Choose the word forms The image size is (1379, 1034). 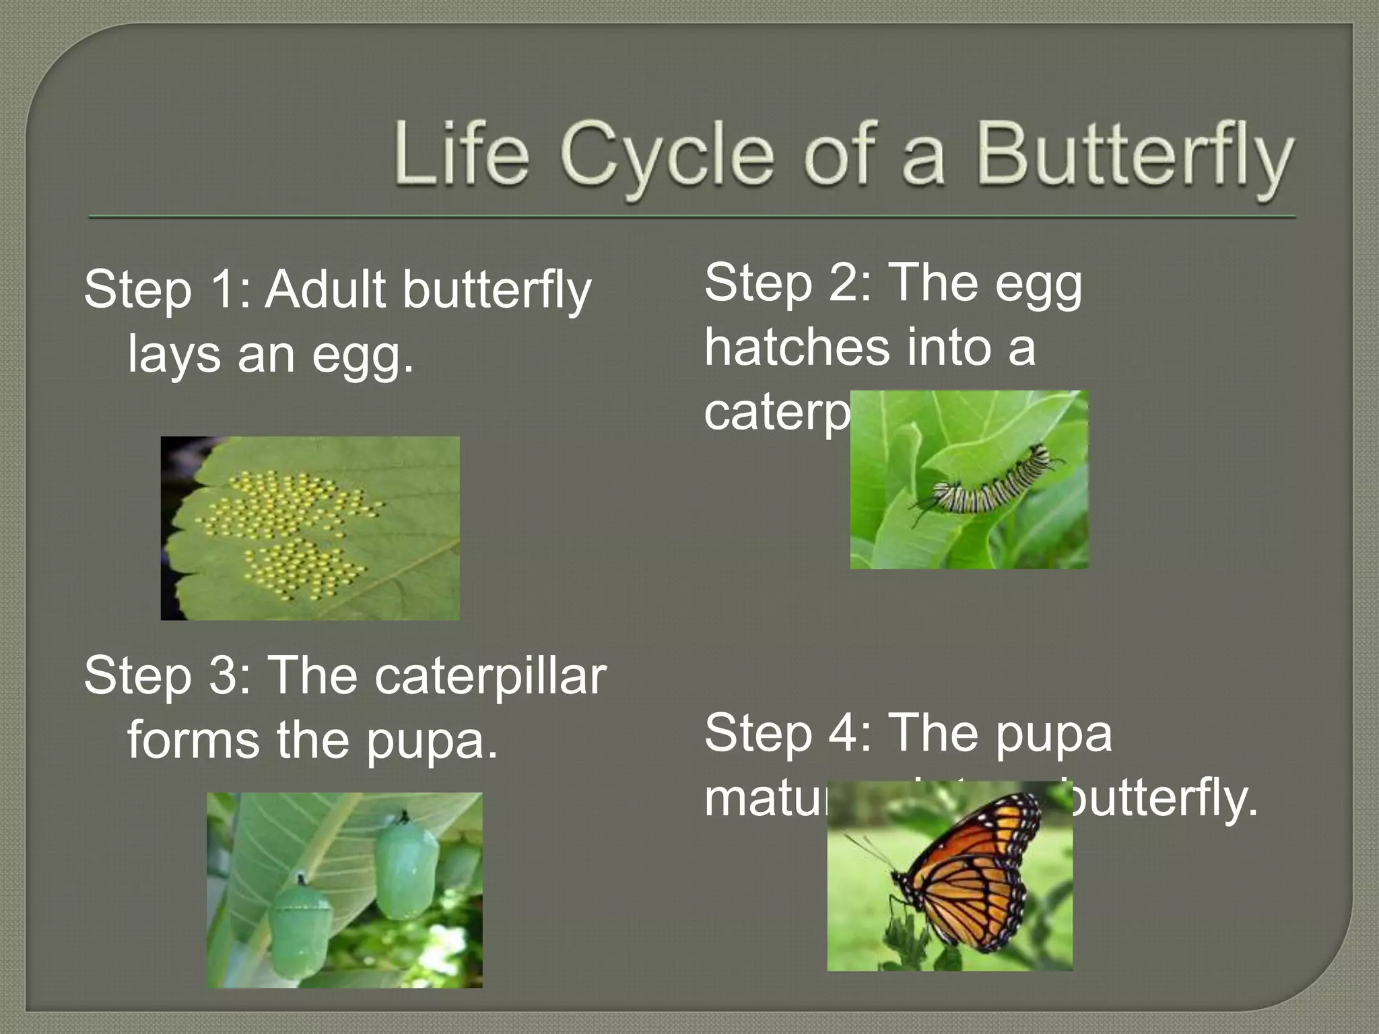[193, 739]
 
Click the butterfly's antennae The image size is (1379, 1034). [869, 852]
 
